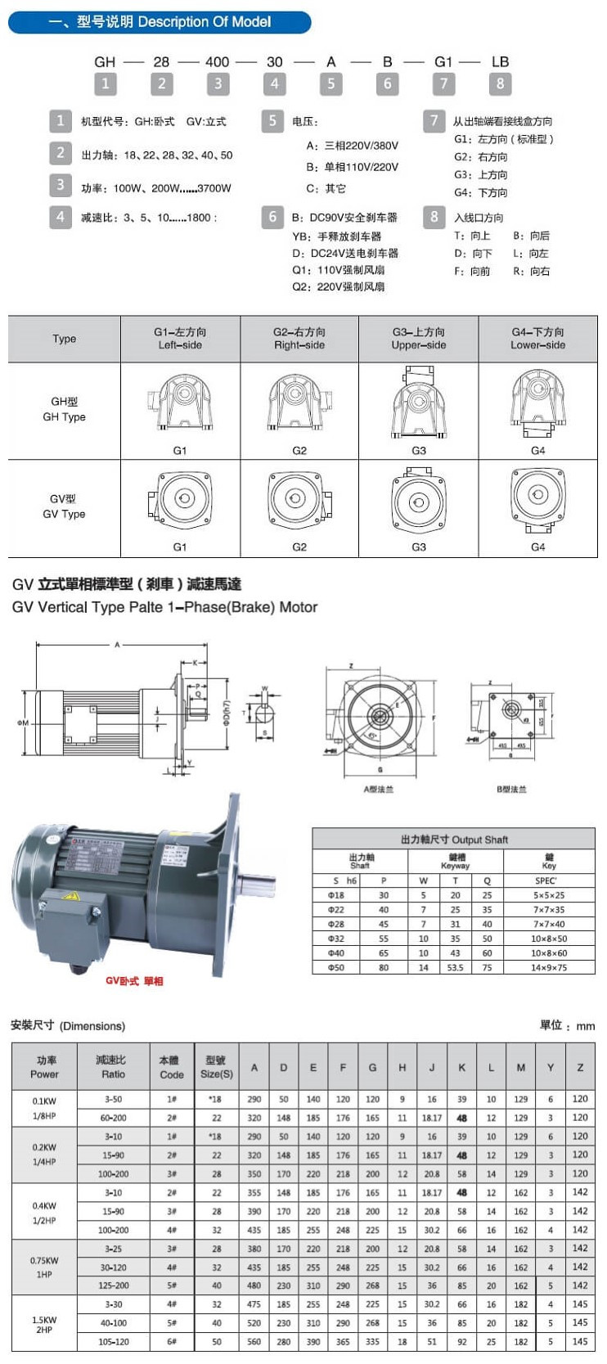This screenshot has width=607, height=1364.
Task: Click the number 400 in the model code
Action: click(x=218, y=61)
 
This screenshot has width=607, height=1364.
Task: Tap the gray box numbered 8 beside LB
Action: click(x=500, y=83)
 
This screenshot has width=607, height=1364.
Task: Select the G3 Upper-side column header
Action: click(x=418, y=339)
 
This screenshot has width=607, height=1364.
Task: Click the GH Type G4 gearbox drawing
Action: click(x=537, y=404)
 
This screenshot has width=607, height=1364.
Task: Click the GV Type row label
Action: click(x=64, y=506)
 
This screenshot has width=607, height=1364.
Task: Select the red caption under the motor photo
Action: click(x=134, y=981)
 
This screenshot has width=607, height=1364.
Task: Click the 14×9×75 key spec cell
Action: click(x=548, y=967)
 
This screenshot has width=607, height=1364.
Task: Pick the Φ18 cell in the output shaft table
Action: click(x=336, y=895)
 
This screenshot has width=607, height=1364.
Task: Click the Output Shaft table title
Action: click(x=454, y=840)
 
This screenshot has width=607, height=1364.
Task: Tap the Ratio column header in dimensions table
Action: click(x=113, y=1067)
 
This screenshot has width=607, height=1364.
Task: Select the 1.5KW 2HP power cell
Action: click(x=44, y=1325)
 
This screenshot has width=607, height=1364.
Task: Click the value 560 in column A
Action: click(x=254, y=1342)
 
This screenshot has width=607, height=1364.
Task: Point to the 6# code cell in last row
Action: click(x=172, y=1342)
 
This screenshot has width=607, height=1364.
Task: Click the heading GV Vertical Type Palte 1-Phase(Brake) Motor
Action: click(x=164, y=607)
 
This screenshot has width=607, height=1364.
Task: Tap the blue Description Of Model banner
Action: click(x=160, y=22)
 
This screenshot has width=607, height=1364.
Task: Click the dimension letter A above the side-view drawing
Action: click(x=117, y=646)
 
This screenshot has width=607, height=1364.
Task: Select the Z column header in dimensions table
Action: click(x=580, y=1067)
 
